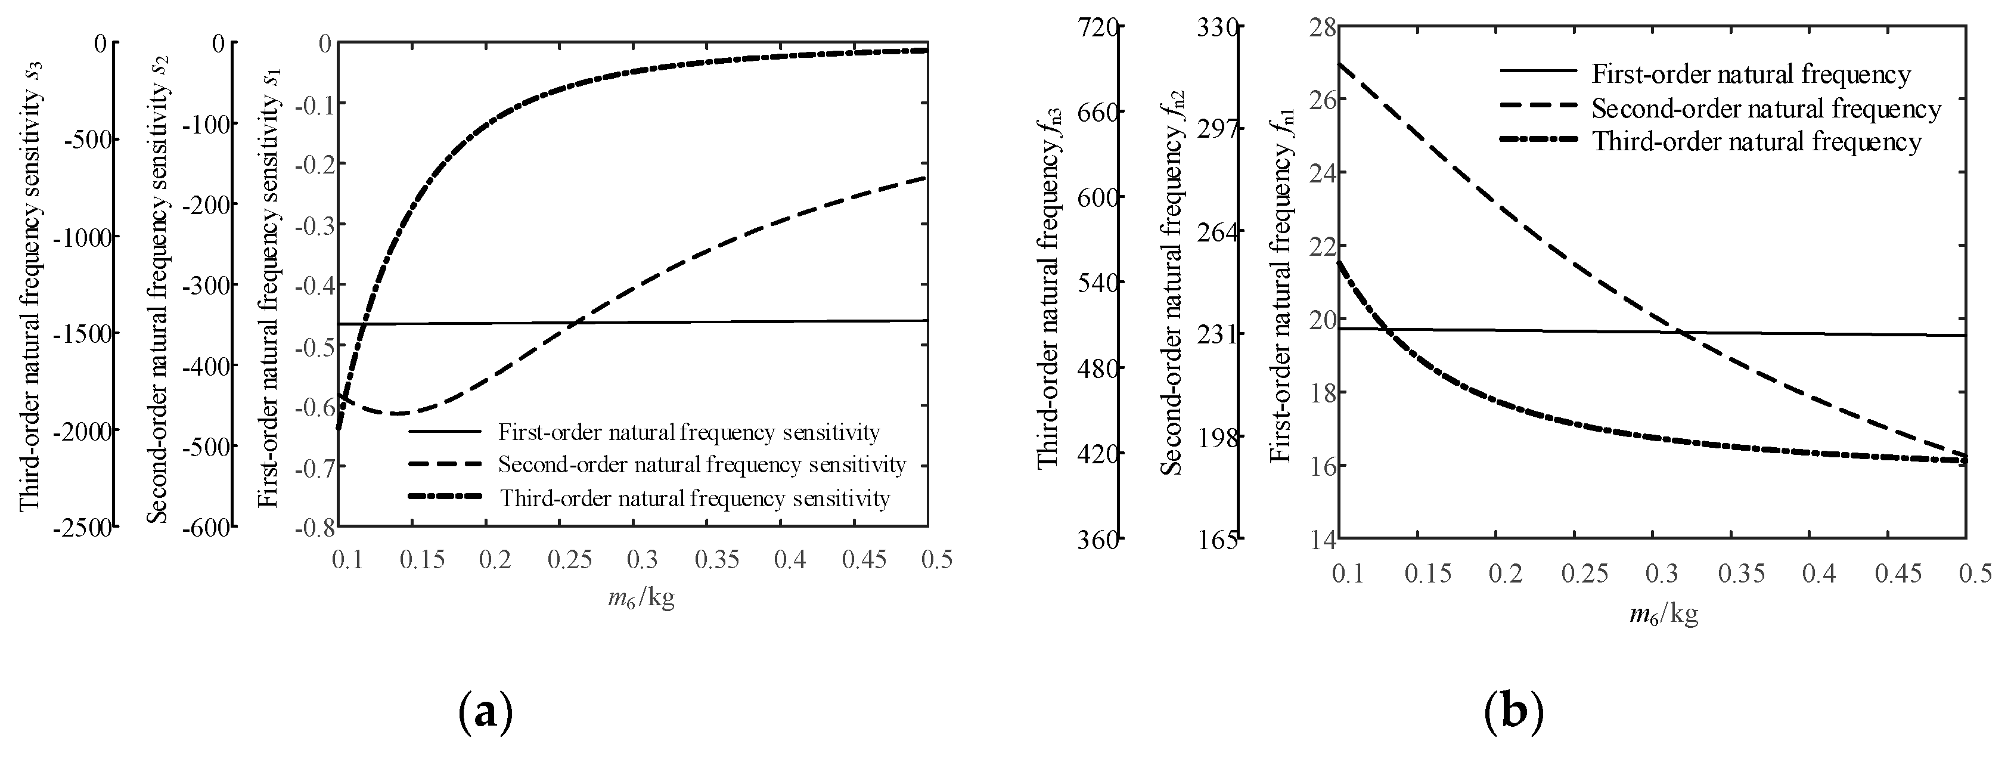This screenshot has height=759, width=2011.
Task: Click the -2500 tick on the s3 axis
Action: pyautogui.click(x=82, y=528)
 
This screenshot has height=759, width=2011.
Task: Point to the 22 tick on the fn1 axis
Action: pyautogui.click(x=1313, y=246)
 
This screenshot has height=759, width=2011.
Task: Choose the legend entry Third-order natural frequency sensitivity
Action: pyautogui.click(x=694, y=498)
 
